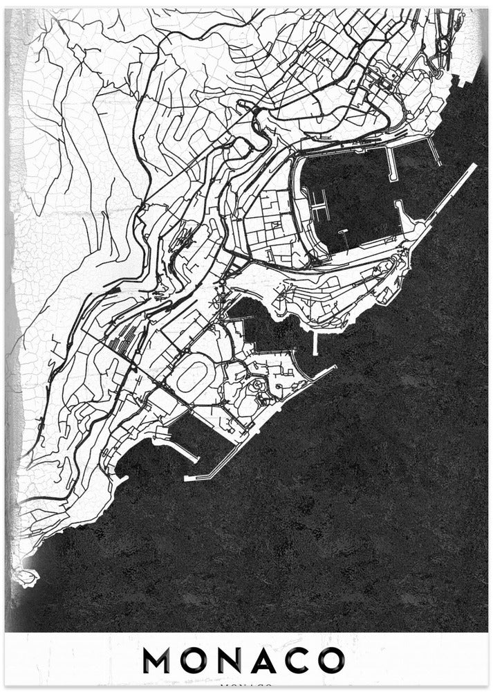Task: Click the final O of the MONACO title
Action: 330,660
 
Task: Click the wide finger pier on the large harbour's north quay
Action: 391,165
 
